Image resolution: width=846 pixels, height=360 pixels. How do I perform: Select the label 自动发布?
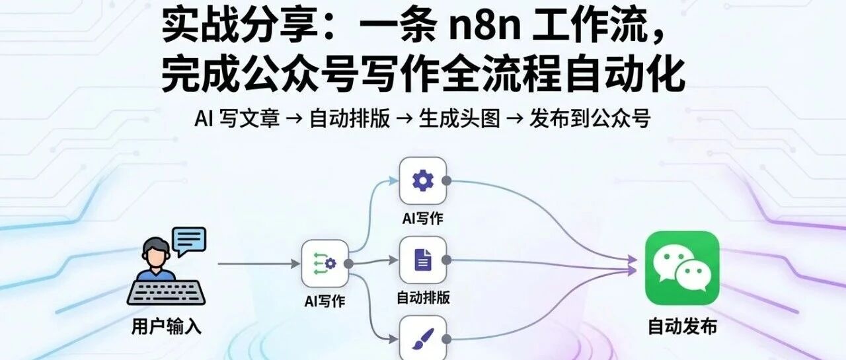tap(681, 327)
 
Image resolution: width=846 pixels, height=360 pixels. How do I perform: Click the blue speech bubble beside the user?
tap(189, 240)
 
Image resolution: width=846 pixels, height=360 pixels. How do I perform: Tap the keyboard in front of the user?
tap(166, 293)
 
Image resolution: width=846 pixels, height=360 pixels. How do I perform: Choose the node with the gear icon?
tap(422, 180)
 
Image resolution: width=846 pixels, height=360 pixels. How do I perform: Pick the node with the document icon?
tap(422, 260)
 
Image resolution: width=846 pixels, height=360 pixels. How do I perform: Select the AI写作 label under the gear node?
tap(422, 218)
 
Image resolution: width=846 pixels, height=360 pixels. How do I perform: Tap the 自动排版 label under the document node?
tap(423, 297)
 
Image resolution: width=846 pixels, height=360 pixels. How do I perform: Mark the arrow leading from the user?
tap(258, 264)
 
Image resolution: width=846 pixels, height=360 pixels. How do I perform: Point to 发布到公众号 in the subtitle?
tap(590, 119)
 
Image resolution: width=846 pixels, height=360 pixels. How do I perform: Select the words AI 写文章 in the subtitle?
tap(237, 119)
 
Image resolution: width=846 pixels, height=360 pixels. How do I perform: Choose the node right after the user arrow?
tap(325, 264)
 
